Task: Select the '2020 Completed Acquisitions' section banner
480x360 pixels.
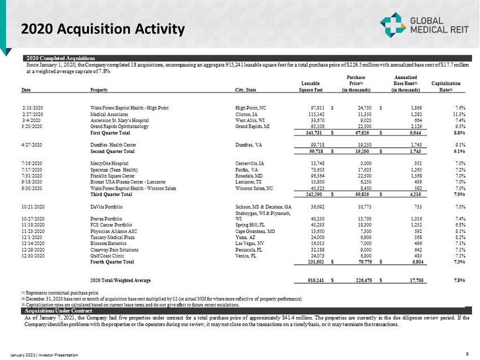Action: click(x=59, y=58)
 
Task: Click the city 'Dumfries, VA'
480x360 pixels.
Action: click(x=249, y=145)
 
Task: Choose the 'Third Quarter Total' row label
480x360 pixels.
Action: click(x=111, y=195)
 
